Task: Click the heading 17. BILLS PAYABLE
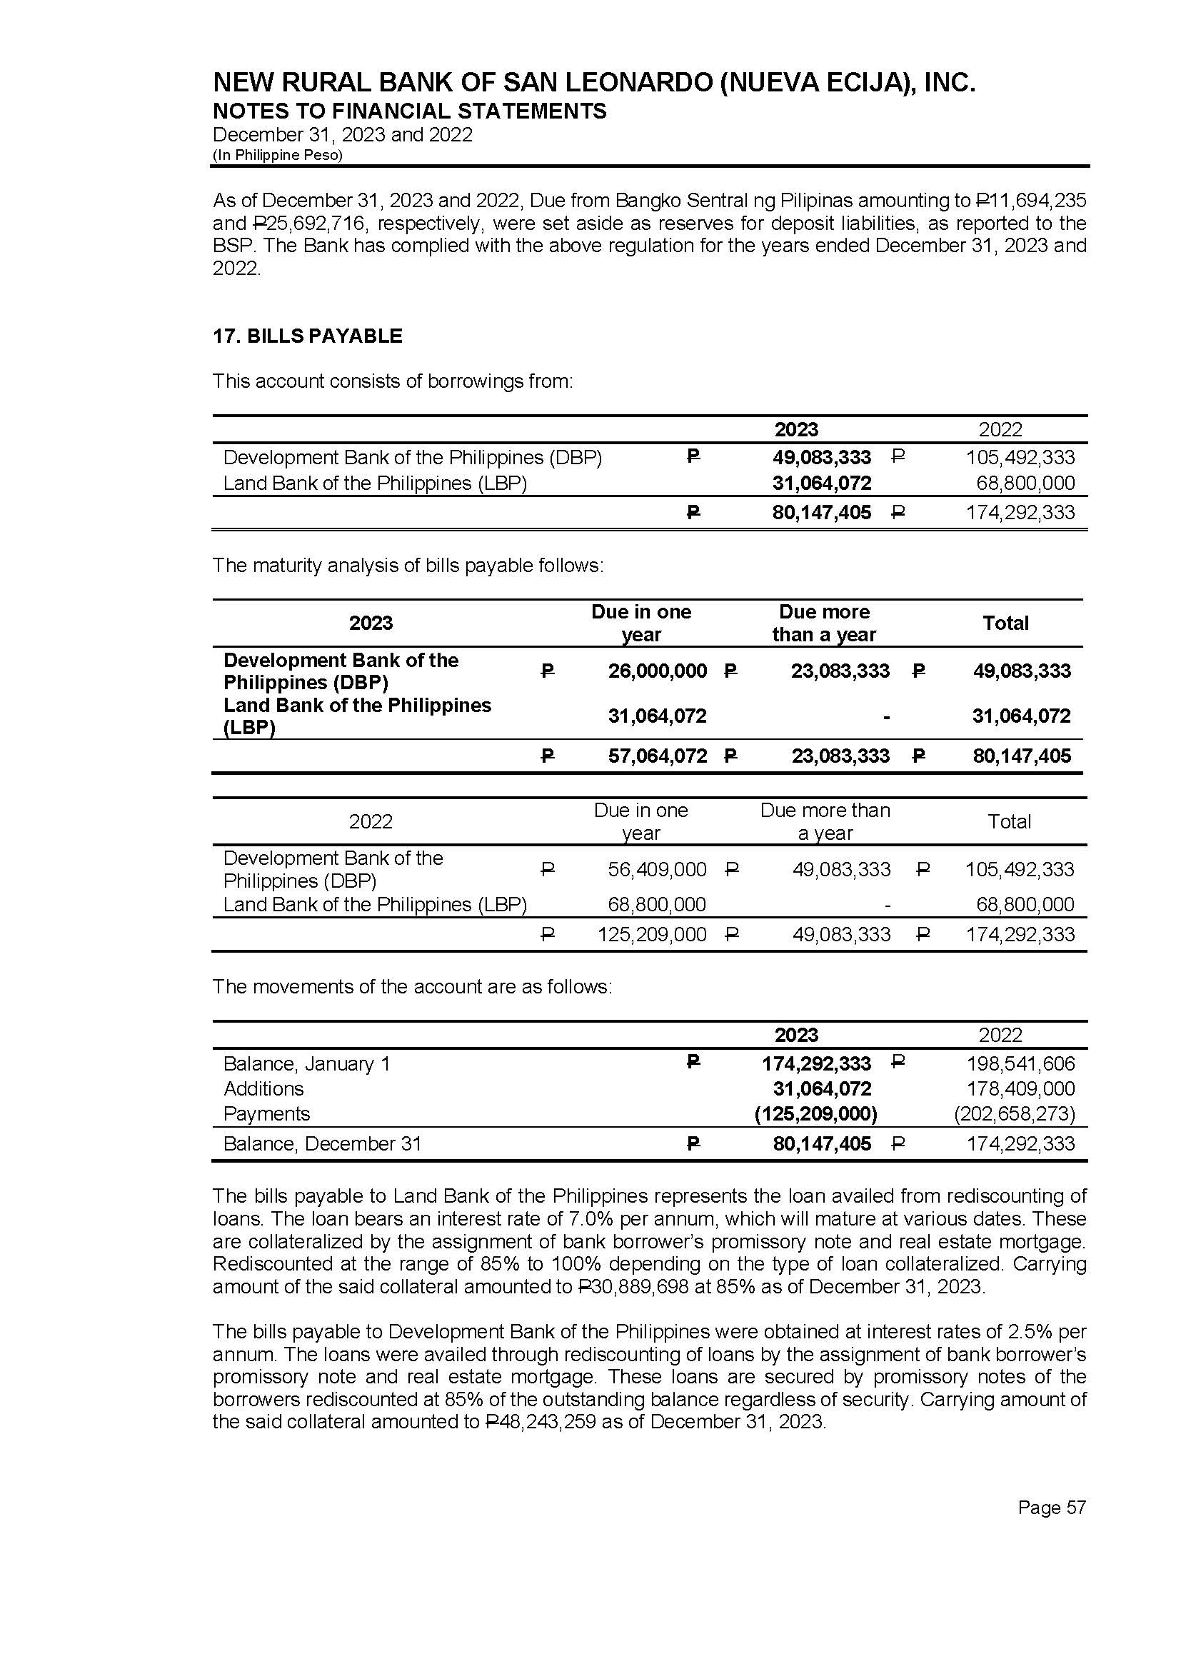[307, 336]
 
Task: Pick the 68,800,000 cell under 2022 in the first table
[1025, 483]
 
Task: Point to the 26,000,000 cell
[658, 671]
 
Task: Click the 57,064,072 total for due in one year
[658, 756]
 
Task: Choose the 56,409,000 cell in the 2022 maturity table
[658, 869]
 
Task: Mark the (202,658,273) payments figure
[1015, 1113]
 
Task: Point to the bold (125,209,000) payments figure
[816, 1113]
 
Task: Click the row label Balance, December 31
[322, 1143]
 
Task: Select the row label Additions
[263, 1088]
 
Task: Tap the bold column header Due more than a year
[824, 623]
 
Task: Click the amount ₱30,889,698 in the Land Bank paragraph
[637, 1286]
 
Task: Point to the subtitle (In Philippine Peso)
[277, 155]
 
